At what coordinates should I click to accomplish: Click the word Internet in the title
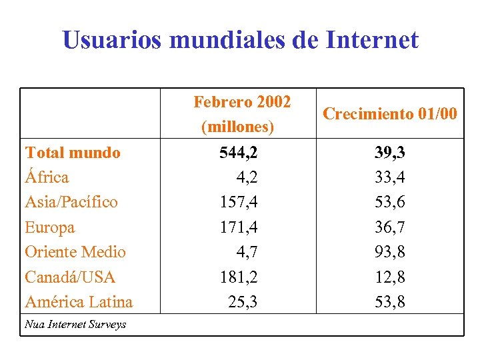372,40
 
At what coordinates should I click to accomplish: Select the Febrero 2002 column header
242,102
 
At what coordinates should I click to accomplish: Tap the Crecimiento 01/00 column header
390,114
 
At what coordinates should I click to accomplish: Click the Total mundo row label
73,153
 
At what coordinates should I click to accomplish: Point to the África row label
47,177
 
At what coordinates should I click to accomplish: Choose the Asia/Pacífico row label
71,202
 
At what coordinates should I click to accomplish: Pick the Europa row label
50,227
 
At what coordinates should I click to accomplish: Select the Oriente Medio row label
75,252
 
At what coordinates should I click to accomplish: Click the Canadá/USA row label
70,277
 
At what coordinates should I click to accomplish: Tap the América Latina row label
79,302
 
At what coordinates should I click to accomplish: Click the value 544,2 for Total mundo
239,153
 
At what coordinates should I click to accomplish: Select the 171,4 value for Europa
239,227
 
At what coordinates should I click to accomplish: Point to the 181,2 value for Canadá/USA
239,277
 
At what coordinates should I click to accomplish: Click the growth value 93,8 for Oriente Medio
389,252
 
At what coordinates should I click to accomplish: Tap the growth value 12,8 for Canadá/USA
389,277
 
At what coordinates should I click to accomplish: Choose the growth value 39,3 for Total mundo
389,153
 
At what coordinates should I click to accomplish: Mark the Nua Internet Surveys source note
75,325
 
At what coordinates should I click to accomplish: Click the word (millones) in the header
237,126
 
